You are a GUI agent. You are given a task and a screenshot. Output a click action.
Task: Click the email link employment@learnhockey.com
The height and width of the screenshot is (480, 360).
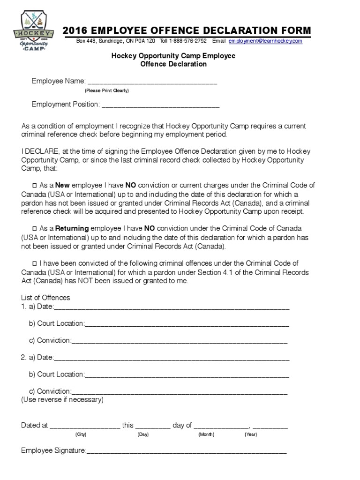(265, 41)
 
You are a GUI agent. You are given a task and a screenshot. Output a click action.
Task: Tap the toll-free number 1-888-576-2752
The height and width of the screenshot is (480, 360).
(187, 41)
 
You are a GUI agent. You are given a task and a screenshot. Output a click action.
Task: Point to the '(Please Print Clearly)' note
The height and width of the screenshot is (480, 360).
(106, 90)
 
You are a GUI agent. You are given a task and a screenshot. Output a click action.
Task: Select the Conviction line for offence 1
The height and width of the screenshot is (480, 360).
(180, 341)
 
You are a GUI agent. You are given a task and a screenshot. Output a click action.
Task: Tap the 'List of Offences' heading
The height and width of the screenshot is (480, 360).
(45, 298)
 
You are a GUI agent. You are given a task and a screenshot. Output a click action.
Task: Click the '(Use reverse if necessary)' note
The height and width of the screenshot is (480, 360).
(62, 400)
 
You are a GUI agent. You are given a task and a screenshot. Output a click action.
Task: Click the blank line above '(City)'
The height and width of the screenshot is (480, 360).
(84, 427)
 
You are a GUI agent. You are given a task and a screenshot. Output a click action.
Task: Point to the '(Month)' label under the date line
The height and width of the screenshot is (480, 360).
(206, 435)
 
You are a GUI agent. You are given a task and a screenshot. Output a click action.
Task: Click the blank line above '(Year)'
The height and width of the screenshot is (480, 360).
(271, 427)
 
